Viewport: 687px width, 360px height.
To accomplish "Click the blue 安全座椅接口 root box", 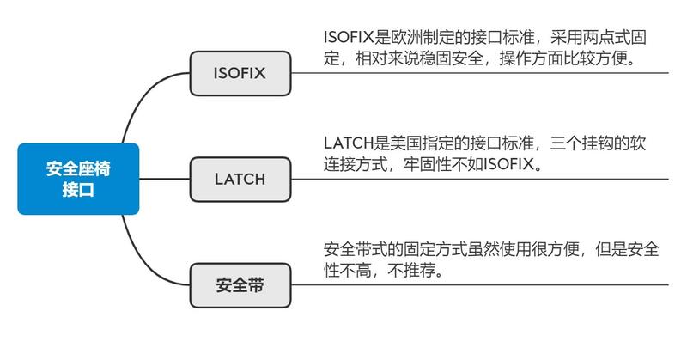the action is click(78, 179).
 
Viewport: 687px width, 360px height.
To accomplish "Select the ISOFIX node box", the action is click(240, 73).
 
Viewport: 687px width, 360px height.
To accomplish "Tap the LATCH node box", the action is click(240, 180).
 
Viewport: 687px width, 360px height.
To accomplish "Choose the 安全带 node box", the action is click(240, 285).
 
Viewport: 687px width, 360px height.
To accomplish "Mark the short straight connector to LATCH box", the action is click(164, 179).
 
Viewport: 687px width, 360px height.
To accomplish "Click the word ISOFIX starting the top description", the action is click(349, 37).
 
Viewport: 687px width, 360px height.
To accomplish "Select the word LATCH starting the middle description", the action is click(349, 143).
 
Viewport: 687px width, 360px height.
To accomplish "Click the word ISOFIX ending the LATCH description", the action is click(509, 164).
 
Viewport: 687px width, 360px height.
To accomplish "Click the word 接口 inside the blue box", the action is click(78, 190).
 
